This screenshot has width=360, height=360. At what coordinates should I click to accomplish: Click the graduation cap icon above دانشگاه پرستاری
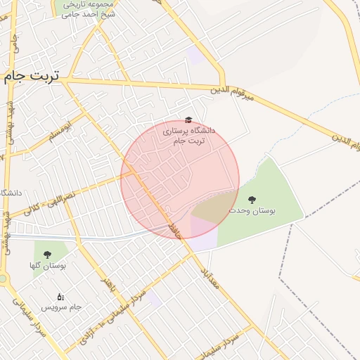coord(188,121)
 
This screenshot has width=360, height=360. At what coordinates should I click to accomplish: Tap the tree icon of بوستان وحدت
coord(252,200)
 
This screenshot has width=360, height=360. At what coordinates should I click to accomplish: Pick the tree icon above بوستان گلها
coord(47,255)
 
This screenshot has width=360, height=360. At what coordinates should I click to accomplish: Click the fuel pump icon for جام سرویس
coord(60,297)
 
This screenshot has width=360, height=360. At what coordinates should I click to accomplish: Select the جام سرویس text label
coord(61,307)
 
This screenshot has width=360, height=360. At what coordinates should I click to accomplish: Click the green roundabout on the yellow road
coord(3,279)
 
